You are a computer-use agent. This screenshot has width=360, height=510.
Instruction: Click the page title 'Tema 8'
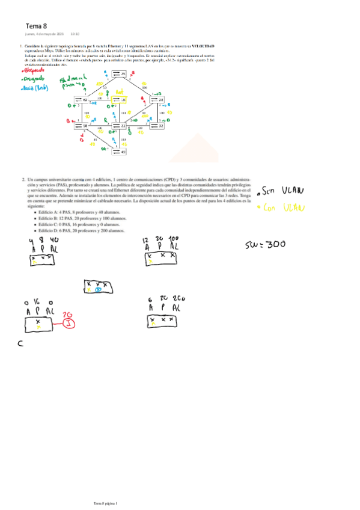(36, 26)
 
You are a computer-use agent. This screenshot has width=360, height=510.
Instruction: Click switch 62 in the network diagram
(81, 100)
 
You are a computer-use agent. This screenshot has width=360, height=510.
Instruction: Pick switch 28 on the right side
(157, 100)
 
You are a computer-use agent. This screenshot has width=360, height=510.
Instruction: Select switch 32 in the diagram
(157, 126)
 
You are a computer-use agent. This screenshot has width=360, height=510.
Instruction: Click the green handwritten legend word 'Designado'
(34, 78)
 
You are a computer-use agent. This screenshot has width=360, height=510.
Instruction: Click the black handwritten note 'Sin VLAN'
(282, 192)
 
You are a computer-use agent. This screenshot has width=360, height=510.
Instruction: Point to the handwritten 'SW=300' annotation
(266, 245)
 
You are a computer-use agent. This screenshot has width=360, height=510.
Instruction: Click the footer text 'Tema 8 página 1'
(106, 502)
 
